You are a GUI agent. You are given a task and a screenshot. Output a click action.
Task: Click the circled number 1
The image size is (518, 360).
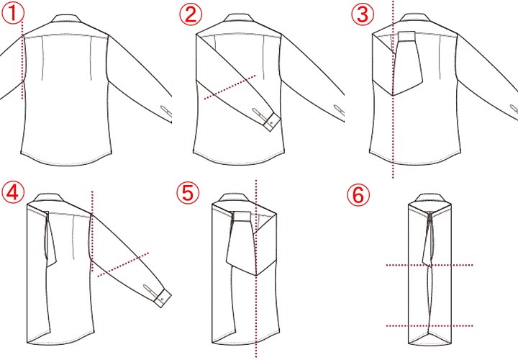coord(13,14)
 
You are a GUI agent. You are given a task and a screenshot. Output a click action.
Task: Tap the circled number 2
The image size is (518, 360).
coord(191,14)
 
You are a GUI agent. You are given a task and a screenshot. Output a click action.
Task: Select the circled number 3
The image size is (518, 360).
coord(363,14)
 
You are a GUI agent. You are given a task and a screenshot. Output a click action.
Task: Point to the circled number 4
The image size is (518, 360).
coord(13,193)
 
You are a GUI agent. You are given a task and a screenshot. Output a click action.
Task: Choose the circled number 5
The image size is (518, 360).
coord(188,193)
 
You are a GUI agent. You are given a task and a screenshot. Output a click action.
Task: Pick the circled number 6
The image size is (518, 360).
coord(358,195)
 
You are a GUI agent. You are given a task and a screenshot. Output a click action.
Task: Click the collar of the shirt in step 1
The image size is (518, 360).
coord(66,18)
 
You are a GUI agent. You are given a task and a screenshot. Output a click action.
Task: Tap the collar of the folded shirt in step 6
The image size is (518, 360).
coord(429,198)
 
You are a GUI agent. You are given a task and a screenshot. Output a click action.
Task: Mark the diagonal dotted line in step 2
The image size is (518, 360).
coord(230,87)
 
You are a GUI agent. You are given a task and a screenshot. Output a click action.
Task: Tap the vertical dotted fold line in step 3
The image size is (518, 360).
coord(393,89)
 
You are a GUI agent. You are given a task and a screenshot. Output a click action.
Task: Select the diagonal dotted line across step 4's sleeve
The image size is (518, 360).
coord(123,264)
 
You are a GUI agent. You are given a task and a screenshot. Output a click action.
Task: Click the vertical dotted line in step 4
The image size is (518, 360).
coord(92,232)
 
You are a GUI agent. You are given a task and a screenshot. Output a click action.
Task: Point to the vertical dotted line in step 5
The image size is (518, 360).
coord(256,269)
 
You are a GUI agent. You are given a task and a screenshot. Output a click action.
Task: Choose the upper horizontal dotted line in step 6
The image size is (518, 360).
coord(430,265)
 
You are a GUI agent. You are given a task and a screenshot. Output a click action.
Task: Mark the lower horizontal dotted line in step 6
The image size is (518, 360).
coord(430,325)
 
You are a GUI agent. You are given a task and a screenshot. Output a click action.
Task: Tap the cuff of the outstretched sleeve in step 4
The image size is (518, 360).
coord(163,298)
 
